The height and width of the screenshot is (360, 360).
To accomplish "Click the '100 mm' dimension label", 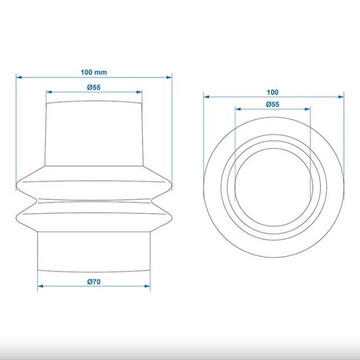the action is click(94, 73).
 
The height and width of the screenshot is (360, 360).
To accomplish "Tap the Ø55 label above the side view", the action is click(94, 87).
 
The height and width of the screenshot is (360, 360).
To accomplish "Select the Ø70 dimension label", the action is click(94, 282).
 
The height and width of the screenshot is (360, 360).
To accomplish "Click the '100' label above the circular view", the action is click(272, 92).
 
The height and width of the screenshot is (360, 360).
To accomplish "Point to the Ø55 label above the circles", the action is click(272, 105).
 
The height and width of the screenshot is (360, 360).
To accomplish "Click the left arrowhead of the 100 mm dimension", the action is click(19, 78).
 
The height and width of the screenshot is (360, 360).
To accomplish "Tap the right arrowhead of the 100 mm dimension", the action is click(169, 78).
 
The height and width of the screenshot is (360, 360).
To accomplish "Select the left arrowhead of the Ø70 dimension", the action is click(40, 286).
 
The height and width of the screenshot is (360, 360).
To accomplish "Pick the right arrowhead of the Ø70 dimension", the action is click(147, 286).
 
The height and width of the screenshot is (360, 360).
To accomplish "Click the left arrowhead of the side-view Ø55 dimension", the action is click(49, 92).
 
